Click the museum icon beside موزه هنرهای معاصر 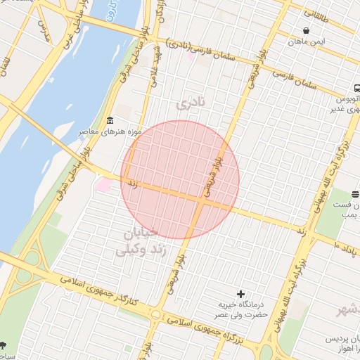[x=110, y=122]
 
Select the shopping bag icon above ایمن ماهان [x=307, y=31]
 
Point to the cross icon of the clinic [x=241, y=293]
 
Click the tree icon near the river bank [x=4, y=345]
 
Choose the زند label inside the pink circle [x=131, y=184]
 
